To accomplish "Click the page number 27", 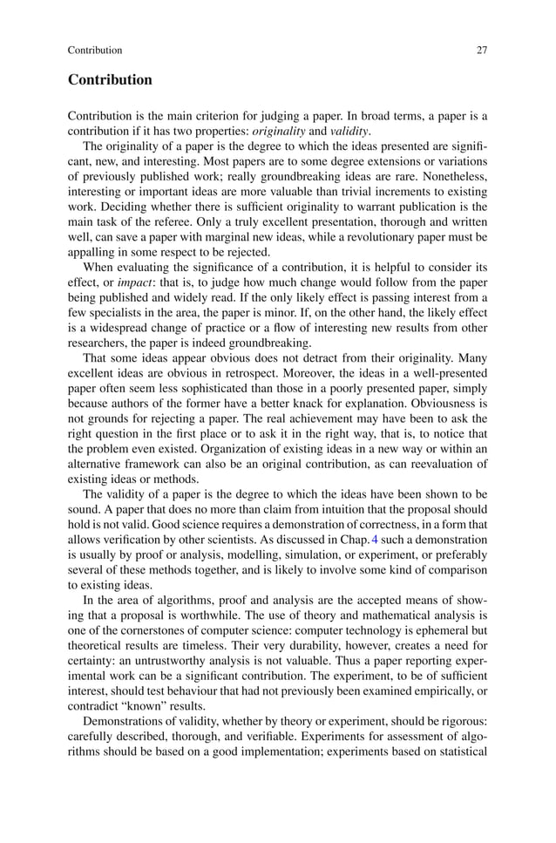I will pyautogui.click(x=481, y=50).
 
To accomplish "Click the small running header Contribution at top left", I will pyautogui.click(x=95, y=50).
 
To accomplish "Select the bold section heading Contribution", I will pyautogui.click(x=110, y=80).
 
